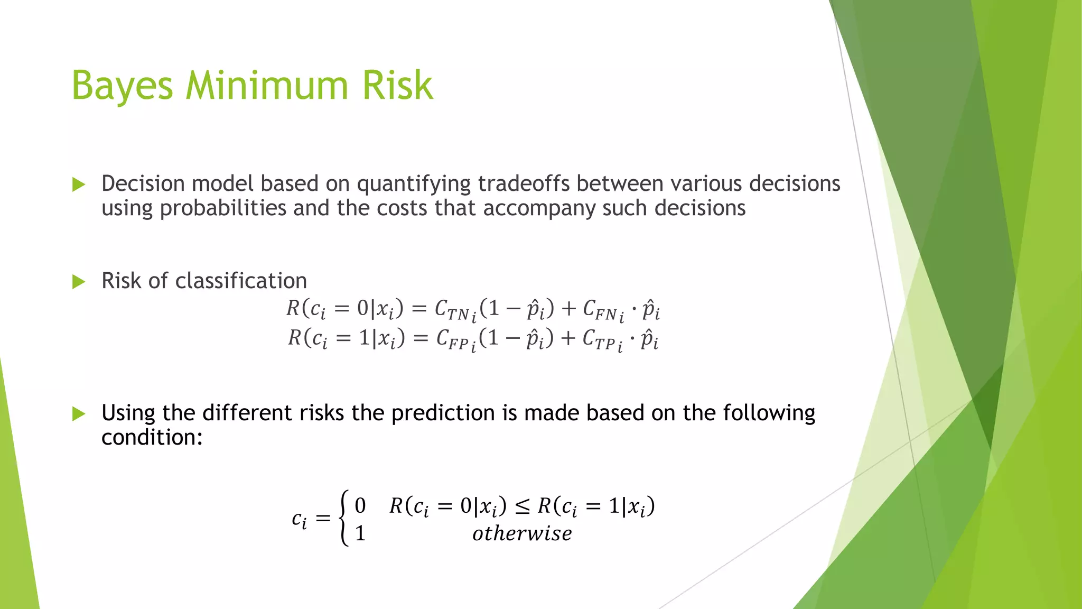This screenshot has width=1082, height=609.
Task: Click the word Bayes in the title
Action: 122,86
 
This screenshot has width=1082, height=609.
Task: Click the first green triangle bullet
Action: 79,184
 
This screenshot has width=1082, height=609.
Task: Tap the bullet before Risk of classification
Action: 79,282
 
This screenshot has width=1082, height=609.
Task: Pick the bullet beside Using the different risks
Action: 79,414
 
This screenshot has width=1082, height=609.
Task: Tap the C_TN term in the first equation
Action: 454,310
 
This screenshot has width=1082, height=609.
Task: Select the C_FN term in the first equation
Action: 602,310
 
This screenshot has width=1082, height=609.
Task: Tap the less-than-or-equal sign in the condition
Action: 522,507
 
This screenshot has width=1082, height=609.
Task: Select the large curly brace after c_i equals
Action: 344,518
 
